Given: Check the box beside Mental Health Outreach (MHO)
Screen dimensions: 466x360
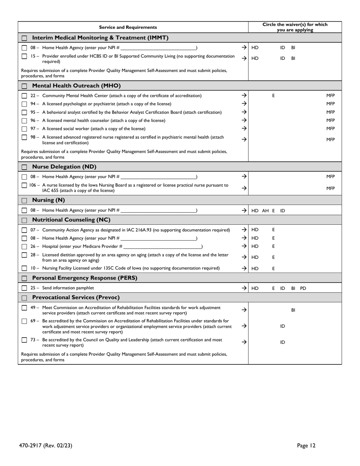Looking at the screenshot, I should click(x=24, y=86).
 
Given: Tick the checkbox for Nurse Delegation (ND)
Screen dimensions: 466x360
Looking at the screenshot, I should click(x=24, y=167).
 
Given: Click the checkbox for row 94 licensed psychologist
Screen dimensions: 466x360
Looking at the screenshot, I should click(x=24, y=104).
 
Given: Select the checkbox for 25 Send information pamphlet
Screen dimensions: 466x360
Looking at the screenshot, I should click(x=24, y=288).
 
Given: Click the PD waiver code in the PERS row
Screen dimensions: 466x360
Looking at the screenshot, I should click(x=303, y=288).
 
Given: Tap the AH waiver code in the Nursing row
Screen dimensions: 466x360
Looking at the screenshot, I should click(x=265, y=210).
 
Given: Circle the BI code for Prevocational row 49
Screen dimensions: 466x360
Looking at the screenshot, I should click(x=293, y=310).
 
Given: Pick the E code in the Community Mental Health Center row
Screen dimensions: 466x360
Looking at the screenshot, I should click(x=273, y=96).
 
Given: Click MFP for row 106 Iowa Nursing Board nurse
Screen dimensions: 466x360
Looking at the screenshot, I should click(x=330, y=188).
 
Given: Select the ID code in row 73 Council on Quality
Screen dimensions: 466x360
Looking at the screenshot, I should click(x=282, y=342).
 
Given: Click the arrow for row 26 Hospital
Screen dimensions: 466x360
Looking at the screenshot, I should click(x=244, y=246).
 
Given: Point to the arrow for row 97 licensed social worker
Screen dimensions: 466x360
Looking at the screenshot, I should click(x=244, y=128).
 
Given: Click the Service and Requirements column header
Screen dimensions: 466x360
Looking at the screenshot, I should click(x=128, y=27).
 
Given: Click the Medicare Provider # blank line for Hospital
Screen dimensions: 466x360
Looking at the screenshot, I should click(x=163, y=247).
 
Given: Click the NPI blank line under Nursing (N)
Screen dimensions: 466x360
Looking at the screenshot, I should click(x=158, y=211).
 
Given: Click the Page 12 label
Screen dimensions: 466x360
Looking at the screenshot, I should click(x=306, y=446).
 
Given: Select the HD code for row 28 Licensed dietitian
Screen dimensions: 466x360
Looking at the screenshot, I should click(x=255, y=257).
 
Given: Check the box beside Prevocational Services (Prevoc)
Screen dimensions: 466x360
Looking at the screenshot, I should click(x=24, y=298).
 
